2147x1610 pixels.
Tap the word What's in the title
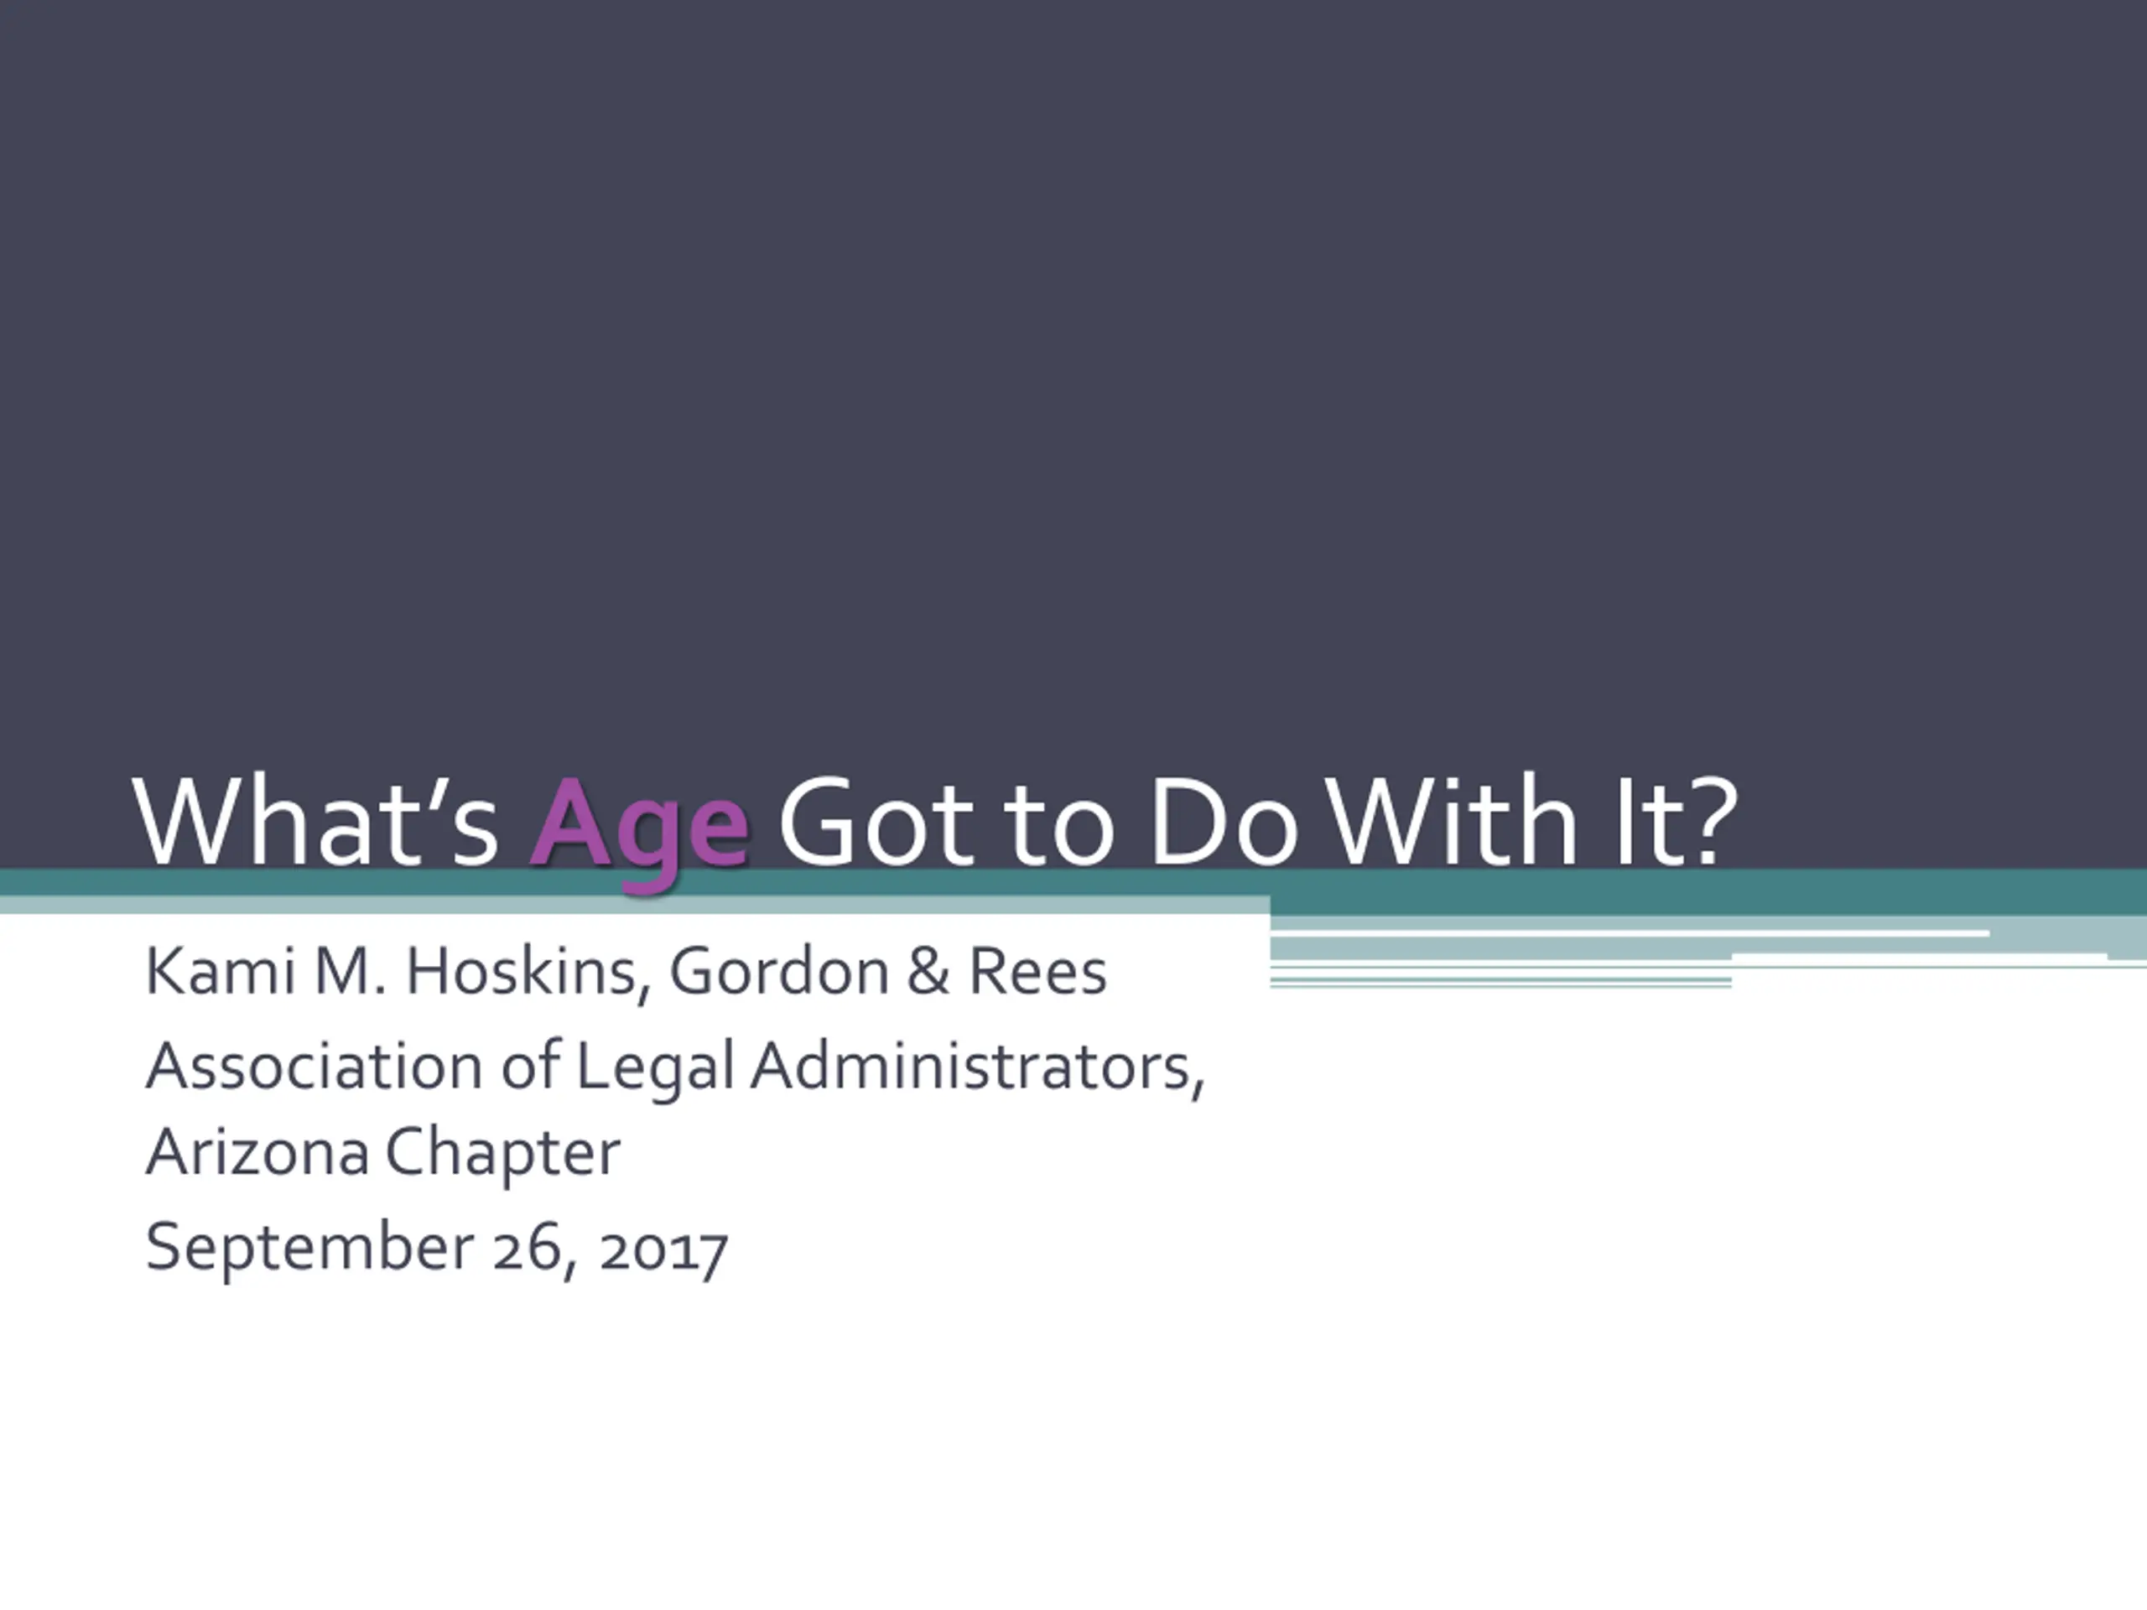316,820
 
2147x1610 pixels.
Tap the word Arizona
257,1152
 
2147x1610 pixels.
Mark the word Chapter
502,1155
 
